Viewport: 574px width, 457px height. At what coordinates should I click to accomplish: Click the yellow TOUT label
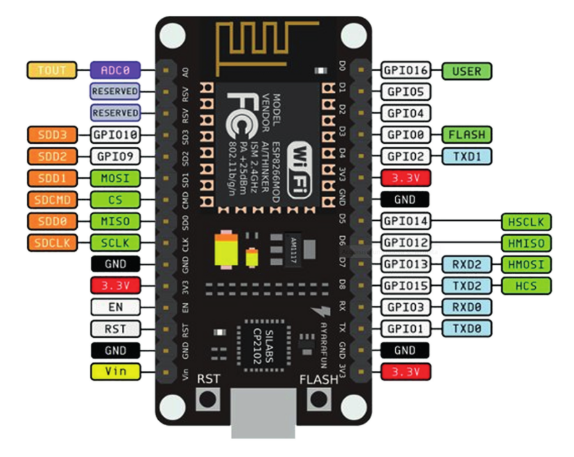52,70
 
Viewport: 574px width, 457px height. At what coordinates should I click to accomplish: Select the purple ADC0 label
115,70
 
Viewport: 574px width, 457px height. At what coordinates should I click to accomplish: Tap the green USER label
466,70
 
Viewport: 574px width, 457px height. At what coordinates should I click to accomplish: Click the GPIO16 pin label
406,70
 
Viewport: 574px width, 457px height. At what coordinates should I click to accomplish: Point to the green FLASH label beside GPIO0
466,135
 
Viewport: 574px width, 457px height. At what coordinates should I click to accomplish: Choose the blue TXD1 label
466,156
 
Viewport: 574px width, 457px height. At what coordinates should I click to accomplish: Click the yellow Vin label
115,371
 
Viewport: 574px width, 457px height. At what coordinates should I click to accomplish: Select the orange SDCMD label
52,200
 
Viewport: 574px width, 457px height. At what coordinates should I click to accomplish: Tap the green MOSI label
115,178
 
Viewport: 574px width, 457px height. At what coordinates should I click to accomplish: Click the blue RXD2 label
466,264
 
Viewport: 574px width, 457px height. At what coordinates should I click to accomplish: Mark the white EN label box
115,307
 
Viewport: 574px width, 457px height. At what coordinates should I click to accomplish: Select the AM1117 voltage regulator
294,245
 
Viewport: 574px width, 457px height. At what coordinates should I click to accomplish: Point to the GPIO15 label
406,285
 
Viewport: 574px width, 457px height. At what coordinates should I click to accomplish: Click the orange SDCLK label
52,243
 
